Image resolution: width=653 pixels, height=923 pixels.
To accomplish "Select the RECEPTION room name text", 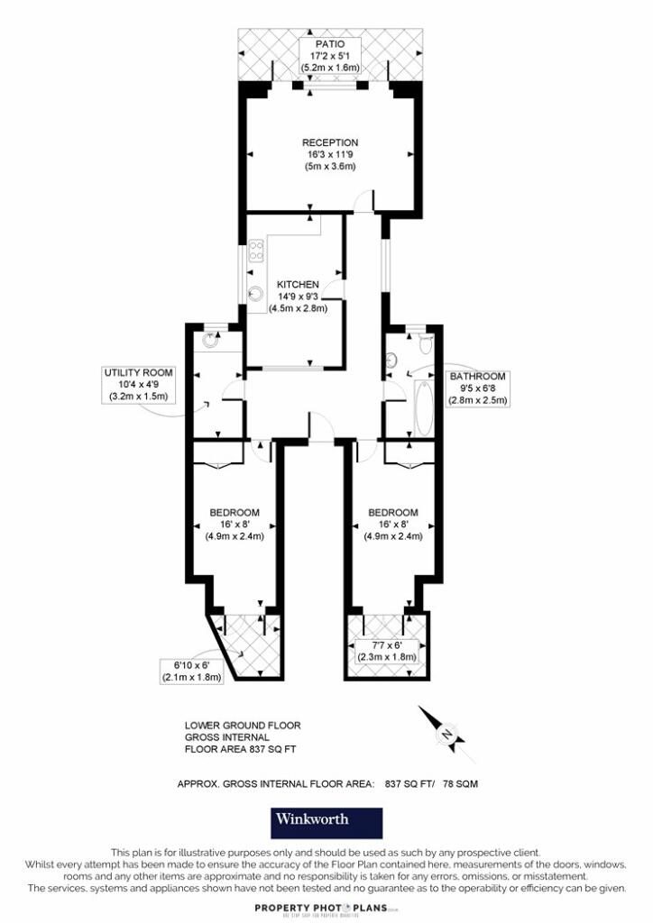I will tap(330, 142).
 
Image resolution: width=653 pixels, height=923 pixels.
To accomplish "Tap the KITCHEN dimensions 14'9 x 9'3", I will tap(299, 296).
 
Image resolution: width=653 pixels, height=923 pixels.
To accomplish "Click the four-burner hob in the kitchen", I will tap(255, 250).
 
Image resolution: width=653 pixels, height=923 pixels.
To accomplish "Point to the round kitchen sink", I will tap(256, 291).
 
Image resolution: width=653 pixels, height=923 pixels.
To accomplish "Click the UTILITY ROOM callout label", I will tap(139, 372).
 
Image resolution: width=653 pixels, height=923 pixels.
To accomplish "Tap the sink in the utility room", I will tap(211, 340).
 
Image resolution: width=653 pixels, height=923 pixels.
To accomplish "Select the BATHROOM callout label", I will tap(478, 377).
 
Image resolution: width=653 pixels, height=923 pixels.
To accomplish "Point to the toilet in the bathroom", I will tap(425, 344).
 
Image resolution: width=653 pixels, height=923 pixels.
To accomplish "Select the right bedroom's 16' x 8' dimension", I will tap(393, 524).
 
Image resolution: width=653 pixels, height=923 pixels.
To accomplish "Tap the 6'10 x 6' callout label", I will tap(191, 665).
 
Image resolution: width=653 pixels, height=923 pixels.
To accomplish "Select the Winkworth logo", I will tap(326, 821).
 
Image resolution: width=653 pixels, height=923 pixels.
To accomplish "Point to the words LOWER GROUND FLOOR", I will tap(243, 725).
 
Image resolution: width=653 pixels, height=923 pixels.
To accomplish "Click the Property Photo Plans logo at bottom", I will tap(326, 909).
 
